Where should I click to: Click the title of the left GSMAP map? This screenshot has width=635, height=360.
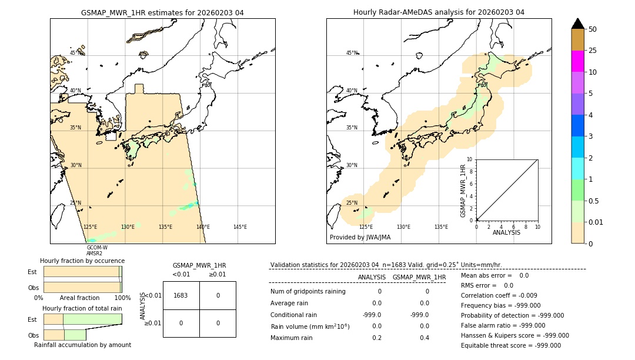click(162, 12)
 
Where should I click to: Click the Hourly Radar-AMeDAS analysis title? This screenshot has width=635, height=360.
click(439, 12)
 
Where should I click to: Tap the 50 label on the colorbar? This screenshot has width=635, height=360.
click(593, 29)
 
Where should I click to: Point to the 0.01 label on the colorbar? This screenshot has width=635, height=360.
click(597, 222)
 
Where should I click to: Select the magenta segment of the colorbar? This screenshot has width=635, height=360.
click(577, 61)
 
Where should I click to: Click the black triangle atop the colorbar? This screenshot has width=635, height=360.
click(577, 24)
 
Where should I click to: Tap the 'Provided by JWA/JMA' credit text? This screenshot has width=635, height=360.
click(360, 237)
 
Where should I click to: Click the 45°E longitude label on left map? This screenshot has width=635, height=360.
click(240, 227)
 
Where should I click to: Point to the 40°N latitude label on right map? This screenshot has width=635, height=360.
click(352, 91)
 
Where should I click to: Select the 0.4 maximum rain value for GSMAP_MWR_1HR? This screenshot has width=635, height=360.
click(425, 338)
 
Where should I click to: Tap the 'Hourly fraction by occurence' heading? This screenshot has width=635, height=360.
click(82, 261)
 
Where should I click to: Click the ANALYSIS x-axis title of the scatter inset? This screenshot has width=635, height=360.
click(506, 232)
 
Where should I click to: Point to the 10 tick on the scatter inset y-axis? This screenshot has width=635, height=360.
click(469, 159)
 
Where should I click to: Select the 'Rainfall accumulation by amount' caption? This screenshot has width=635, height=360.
click(82, 345)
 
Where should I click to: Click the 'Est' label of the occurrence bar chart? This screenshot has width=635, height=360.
click(32, 272)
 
